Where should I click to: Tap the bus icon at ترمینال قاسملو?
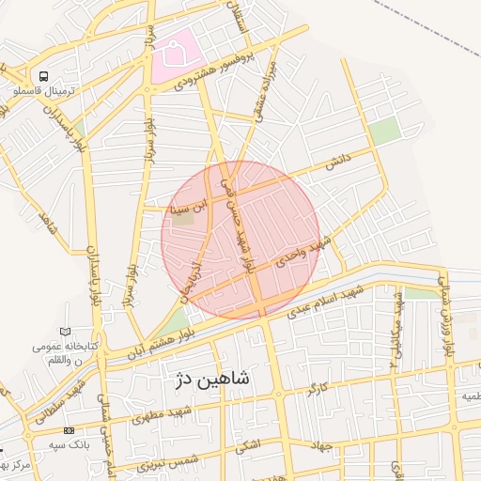coord(42,76)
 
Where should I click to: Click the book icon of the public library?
coord(65,332)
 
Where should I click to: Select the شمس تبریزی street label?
coord(168,459)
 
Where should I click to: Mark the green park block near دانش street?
coord(384,132)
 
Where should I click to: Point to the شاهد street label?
coord(44,224)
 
